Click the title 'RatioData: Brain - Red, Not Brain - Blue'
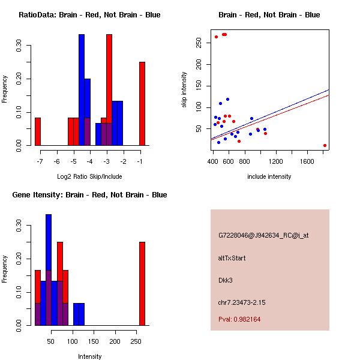(x=89, y=15)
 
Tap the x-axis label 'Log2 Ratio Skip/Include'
(x=89, y=176)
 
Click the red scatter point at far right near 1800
(x=325, y=145)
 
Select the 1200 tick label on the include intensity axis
(x=276, y=161)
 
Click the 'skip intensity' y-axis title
(x=184, y=90)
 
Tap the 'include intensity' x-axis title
(x=269, y=176)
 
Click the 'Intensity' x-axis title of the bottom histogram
(x=89, y=356)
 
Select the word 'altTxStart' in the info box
(x=232, y=258)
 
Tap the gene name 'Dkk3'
(x=226, y=280)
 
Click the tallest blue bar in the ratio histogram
(x=82, y=90)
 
